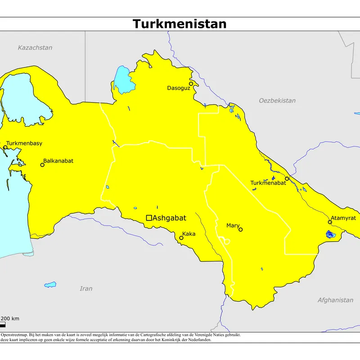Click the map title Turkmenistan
click(x=180, y=24)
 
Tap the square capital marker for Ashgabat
click(x=149, y=218)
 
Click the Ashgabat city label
click(x=170, y=218)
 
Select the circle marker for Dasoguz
click(x=191, y=83)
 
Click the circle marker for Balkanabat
click(x=42, y=165)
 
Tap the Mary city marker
click(x=240, y=229)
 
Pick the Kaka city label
click(x=189, y=234)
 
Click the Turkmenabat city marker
click(x=287, y=179)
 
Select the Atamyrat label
click(x=343, y=218)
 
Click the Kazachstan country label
click(x=35, y=48)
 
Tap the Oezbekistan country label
click(x=277, y=100)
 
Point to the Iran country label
click(x=86, y=288)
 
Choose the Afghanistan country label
click(x=335, y=300)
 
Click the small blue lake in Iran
click(x=50, y=284)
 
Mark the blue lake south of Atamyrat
click(x=331, y=234)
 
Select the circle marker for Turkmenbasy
click(x=5, y=147)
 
